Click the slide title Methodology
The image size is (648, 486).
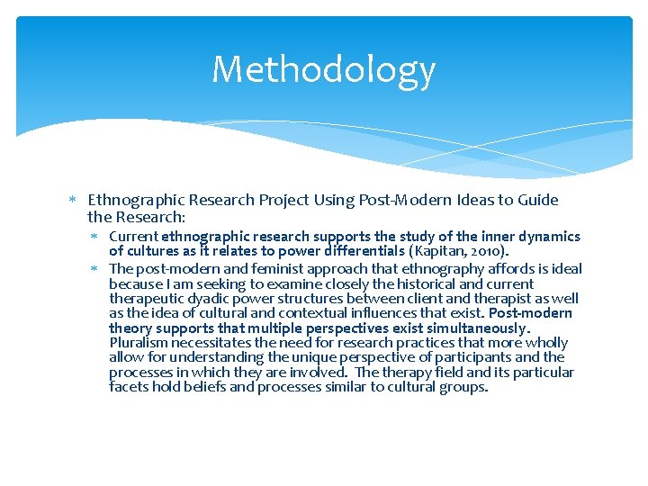(323, 70)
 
